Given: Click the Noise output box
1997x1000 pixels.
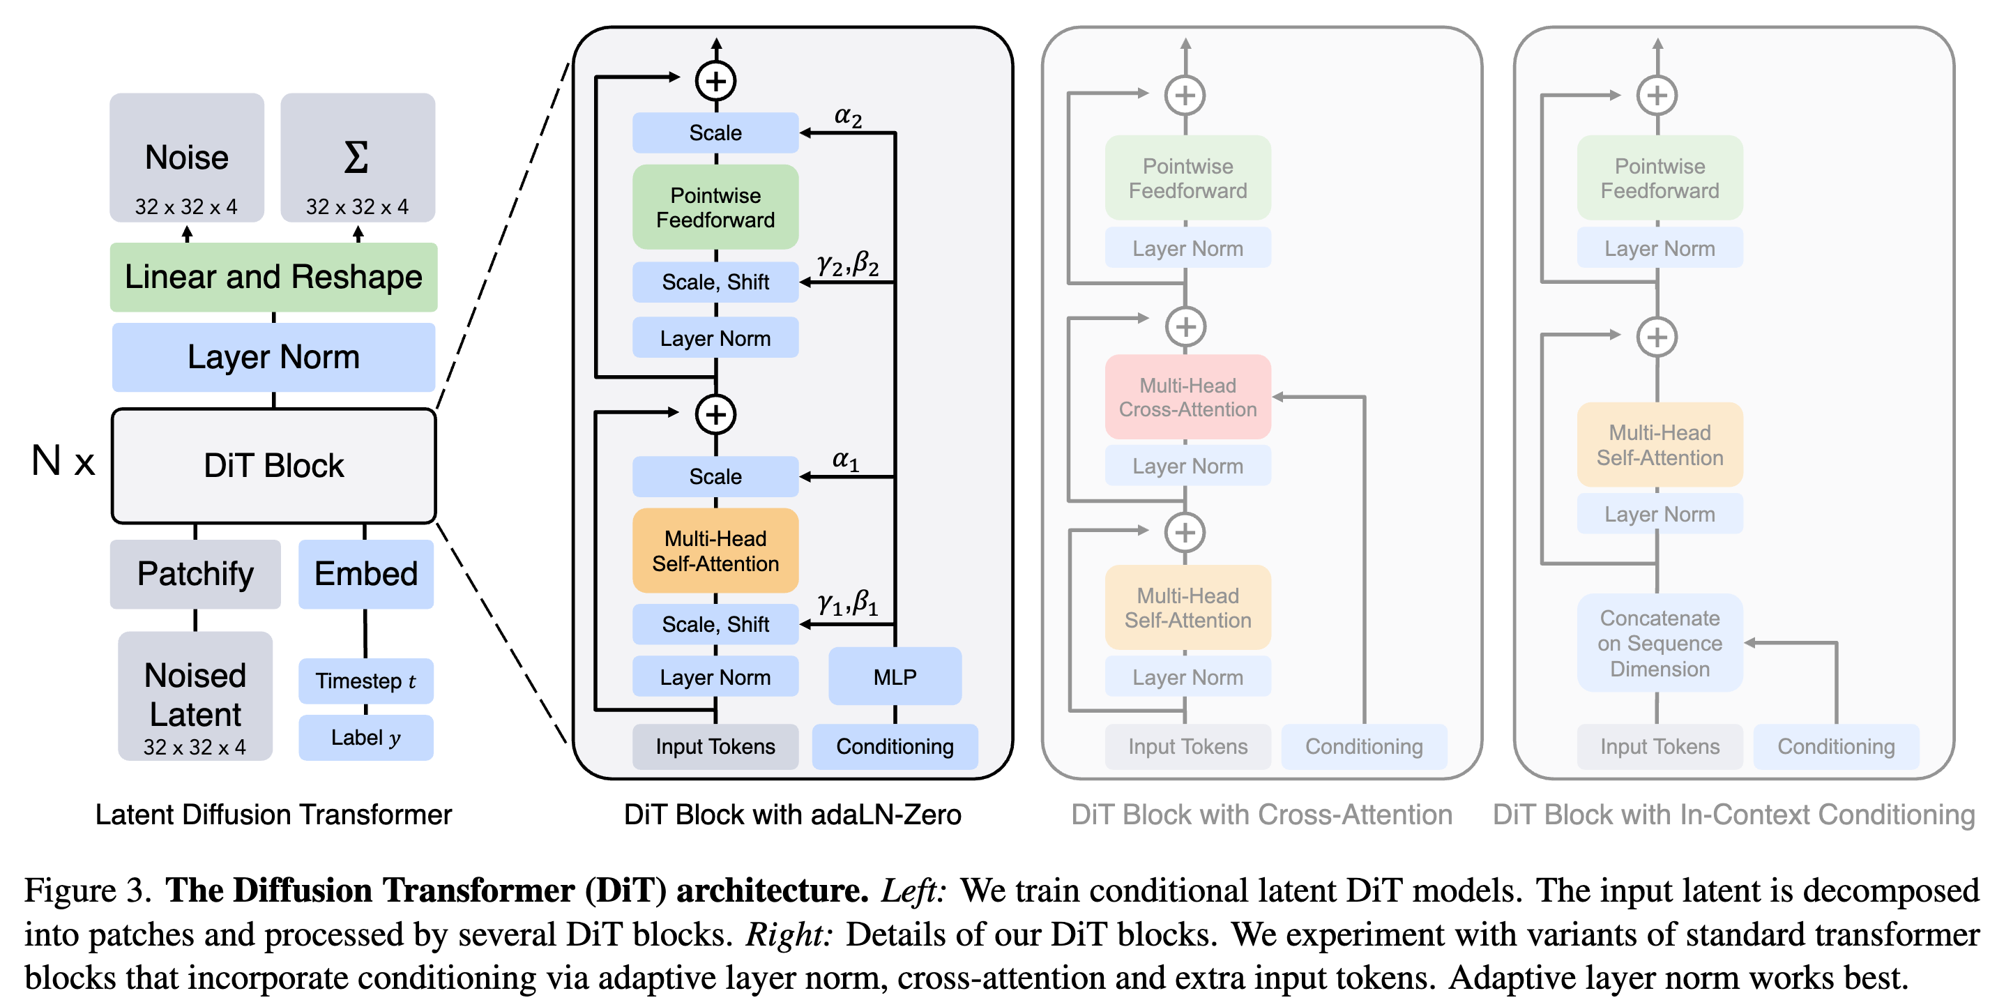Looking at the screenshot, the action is (187, 158).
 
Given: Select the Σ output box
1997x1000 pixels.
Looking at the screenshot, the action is (358, 158).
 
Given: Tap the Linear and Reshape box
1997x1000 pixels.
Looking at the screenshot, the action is (273, 277).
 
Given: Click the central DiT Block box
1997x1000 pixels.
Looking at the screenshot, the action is (273, 466).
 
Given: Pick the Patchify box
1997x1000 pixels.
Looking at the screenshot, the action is (195, 574).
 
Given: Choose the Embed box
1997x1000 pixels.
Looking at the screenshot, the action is (366, 574).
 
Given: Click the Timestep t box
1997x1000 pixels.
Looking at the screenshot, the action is (366, 681).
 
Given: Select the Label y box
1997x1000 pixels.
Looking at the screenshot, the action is (366, 737).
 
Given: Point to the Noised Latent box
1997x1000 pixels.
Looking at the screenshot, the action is (195, 696).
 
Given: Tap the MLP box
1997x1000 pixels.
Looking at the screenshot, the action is (895, 676).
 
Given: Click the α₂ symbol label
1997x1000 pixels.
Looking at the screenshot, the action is (848, 116).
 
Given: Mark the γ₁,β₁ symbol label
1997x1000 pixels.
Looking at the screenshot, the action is (848, 603).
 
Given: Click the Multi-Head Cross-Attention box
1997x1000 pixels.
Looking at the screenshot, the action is (1187, 397).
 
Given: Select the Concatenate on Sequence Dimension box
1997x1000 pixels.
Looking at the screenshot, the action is (1660, 643).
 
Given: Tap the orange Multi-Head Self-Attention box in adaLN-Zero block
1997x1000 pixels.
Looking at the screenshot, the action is (715, 550).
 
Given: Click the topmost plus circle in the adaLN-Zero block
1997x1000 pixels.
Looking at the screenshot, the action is (715, 81).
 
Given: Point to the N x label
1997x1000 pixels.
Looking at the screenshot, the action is (63, 460).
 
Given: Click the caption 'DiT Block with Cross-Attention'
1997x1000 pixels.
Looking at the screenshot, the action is (1261, 814).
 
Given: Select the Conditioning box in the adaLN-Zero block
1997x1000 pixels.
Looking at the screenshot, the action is (895, 745).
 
